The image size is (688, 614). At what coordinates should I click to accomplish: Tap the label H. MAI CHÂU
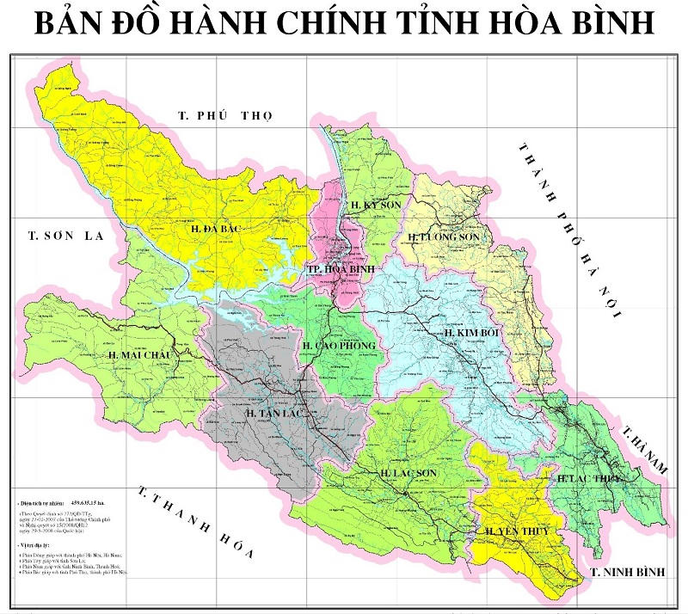[x=141, y=354]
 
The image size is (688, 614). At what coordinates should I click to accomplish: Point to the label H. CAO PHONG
[x=339, y=346]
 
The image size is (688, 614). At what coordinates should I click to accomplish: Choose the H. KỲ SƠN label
[x=375, y=205]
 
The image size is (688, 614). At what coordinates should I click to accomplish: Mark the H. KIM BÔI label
[x=472, y=332]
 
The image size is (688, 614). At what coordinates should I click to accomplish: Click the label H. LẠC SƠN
[x=409, y=474]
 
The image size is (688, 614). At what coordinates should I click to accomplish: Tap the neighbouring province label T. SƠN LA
[x=64, y=235]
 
